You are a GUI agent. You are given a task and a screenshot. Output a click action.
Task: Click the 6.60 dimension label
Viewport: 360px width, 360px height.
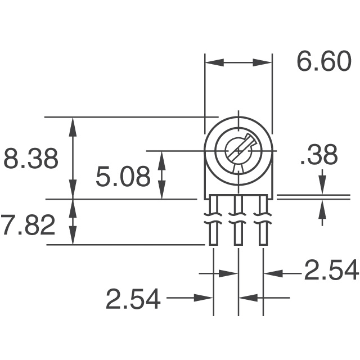tap(323, 62)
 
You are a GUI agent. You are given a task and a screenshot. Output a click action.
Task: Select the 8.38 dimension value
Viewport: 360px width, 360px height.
tap(31, 159)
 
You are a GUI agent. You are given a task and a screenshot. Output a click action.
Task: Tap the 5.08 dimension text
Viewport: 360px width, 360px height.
tap(123, 178)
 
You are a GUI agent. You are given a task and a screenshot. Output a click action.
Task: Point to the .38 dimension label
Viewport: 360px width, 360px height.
tap(319, 156)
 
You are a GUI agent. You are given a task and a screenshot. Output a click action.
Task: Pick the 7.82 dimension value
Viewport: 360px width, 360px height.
tap(28, 226)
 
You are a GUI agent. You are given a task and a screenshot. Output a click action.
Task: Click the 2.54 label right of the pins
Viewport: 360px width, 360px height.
tap(331, 271)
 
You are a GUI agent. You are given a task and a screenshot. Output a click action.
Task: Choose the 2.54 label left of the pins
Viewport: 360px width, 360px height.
tap(133, 299)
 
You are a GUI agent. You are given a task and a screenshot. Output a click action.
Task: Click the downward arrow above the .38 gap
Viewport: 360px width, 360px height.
tap(322, 186)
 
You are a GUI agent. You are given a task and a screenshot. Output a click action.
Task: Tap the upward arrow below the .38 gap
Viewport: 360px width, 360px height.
tap(322, 209)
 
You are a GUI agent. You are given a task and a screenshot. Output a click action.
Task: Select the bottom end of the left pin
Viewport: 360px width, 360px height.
tap(214, 244)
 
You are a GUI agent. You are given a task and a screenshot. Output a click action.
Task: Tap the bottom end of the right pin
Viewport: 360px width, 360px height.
tap(263, 244)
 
